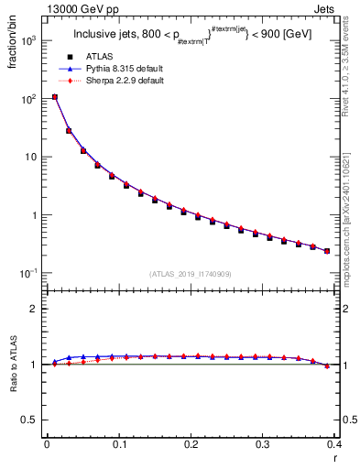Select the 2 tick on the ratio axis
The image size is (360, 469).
[37, 309]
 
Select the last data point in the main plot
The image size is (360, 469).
[327, 250]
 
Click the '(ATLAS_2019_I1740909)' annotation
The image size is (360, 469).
[191, 274]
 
